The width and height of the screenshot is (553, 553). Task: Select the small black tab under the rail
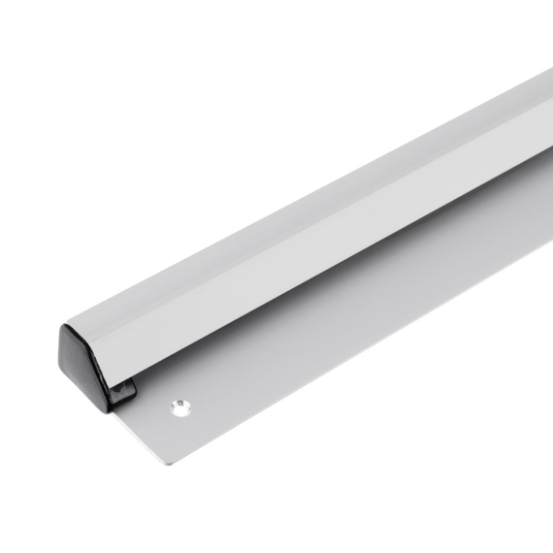[123, 392]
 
